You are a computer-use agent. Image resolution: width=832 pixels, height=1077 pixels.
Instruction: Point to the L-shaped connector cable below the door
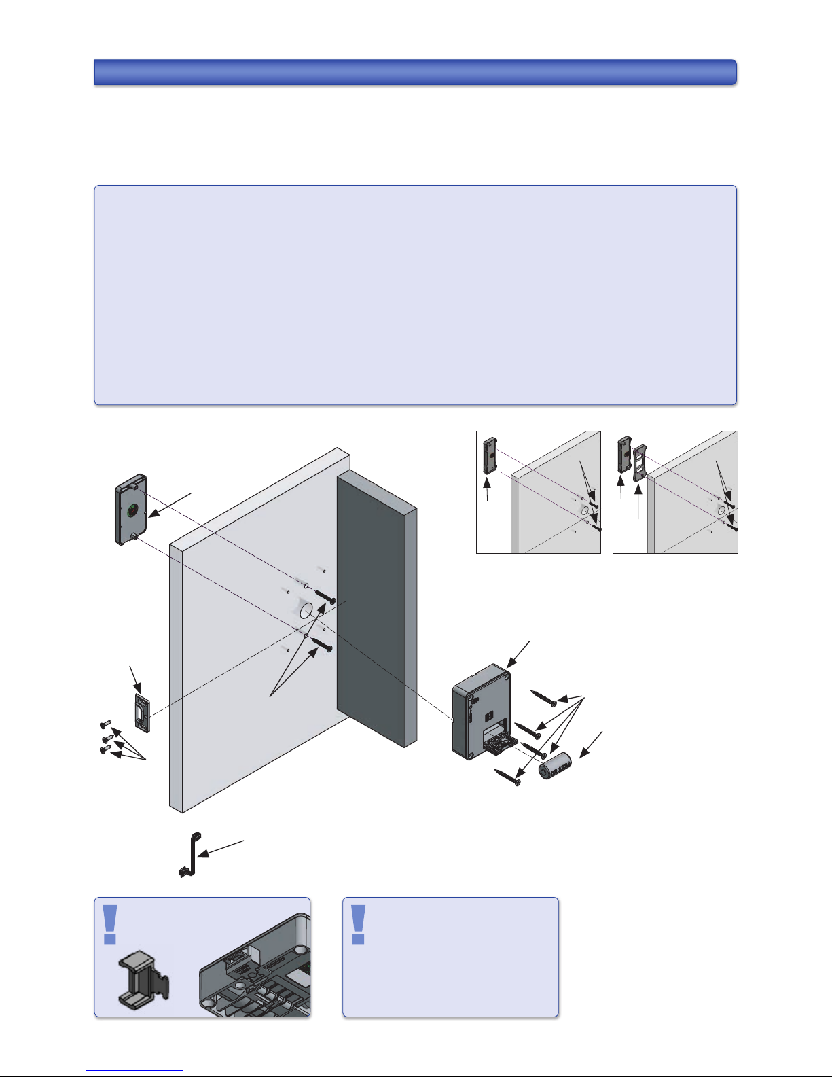[189, 855]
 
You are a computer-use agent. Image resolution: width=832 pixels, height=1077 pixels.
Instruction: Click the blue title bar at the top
[415, 72]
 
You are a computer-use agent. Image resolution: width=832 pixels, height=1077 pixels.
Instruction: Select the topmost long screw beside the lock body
[545, 696]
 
